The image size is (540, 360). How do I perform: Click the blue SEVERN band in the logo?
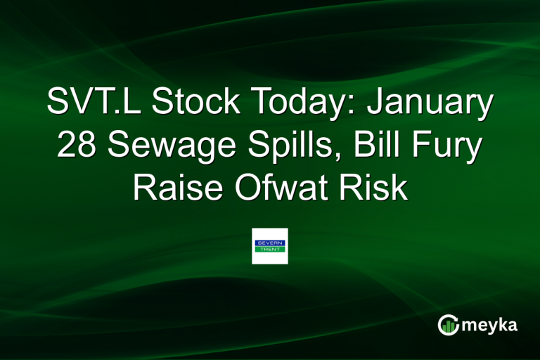[x=269, y=243]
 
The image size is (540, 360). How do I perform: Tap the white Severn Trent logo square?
[x=269, y=246]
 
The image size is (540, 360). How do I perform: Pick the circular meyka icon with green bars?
[x=448, y=324]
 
